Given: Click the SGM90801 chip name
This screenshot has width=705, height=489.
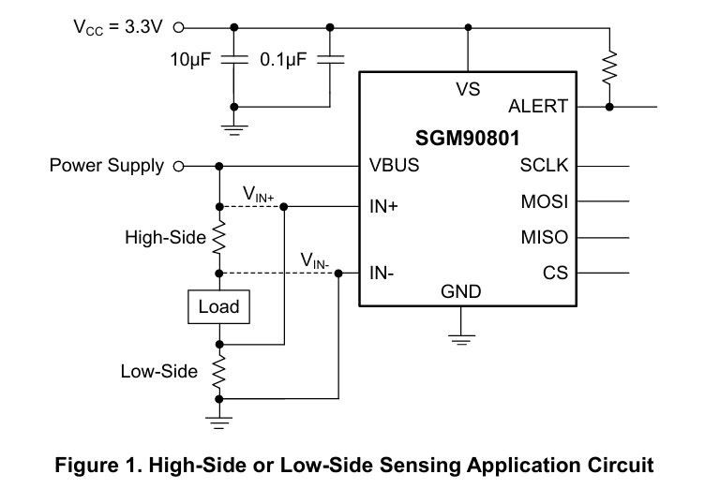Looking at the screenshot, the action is pyautogui.click(x=467, y=138).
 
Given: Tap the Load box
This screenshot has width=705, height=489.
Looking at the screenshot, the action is pyautogui.click(x=219, y=307).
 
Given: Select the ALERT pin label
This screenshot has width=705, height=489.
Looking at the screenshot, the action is pyautogui.click(x=538, y=107).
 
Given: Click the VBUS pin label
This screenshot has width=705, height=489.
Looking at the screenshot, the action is pyautogui.click(x=394, y=166).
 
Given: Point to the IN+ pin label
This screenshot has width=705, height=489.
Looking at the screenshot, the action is pyautogui.click(x=383, y=206).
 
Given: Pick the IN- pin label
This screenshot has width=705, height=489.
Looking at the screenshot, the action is pyautogui.click(x=382, y=273).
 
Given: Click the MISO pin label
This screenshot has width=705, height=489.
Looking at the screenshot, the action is pyautogui.click(x=545, y=237).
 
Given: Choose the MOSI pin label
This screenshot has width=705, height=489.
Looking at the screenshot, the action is pyautogui.click(x=545, y=201).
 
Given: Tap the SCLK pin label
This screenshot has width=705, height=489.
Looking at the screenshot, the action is pyautogui.click(x=544, y=166).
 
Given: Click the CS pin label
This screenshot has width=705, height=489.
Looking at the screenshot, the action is pyautogui.click(x=555, y=273).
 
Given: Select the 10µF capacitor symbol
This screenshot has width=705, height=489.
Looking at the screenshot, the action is pyautogui.click(x=233, y=59).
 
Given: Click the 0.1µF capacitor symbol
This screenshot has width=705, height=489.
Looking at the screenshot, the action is pyautogui.click(x=330, y=59).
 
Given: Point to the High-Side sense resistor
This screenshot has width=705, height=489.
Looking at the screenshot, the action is pyautogui.click(x=219, y=237).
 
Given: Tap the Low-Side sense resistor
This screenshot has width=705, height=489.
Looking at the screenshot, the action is pyautogui.click(x=219, y=372).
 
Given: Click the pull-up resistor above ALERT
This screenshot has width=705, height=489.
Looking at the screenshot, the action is pyautogui.click(x=609, y=67).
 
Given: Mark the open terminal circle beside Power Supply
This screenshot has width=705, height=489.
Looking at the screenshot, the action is pyautogui.click(x=178, y=167).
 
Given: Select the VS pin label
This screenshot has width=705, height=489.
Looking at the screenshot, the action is pyautogui.click(x=468, y=89).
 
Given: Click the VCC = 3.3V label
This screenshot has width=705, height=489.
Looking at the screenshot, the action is pyautogui.click(x=118, y=27).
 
